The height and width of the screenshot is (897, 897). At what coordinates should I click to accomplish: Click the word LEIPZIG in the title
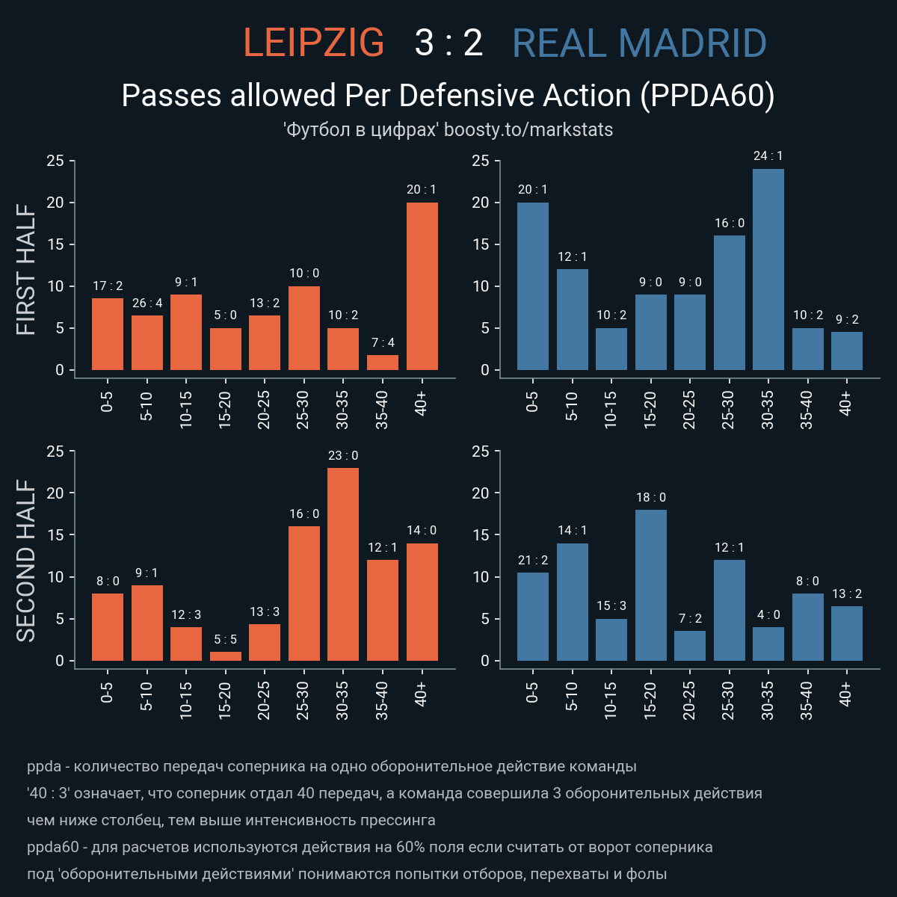314,43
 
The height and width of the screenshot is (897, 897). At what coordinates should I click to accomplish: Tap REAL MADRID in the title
639,43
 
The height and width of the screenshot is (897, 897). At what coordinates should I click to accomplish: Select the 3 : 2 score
449,43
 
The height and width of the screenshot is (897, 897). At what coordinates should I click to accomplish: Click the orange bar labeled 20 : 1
422,286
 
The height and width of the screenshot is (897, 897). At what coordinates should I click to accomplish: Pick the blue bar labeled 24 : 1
768,269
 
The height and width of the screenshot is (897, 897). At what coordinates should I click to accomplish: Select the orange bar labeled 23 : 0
343,564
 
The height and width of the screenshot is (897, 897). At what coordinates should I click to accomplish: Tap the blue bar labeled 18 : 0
651,585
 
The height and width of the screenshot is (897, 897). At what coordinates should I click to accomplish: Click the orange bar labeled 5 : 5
226,656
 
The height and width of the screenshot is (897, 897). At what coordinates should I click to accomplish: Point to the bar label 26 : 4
147,303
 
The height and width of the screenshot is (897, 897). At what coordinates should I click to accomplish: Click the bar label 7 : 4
383,342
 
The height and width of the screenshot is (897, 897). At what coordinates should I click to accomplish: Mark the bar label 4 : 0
768,614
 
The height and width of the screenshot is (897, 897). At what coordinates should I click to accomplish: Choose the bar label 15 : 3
611,606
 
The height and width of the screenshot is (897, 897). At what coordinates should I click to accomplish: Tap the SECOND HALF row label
26,561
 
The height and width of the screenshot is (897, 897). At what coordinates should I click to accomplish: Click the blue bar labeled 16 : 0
730,303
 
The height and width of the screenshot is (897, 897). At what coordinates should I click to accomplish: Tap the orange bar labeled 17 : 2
108,334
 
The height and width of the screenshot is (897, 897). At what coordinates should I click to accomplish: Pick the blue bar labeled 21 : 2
533,617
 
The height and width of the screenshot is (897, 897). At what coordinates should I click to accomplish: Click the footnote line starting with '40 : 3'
394,793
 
